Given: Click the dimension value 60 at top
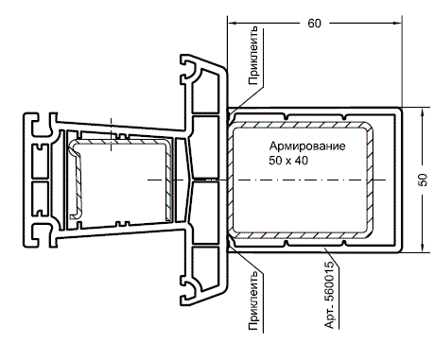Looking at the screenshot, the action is [x=314, y=24].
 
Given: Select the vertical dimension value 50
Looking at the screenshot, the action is [x=423, y=180].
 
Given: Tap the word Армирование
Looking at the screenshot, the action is [x=307, y=146].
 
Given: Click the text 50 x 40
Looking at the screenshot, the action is [x=288, y=161].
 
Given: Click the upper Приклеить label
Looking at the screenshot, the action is [x=253, y=56].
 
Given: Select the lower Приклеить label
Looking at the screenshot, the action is [x=253, y=300].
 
